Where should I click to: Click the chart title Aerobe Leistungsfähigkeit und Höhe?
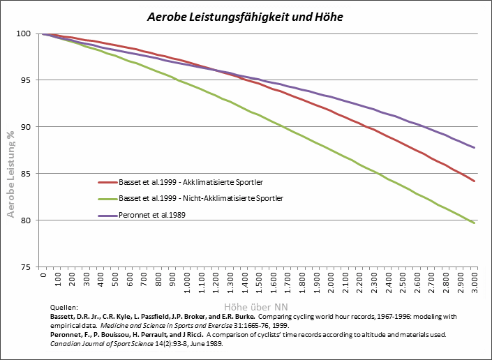[x=245, y=16]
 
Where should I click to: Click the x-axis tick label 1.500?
[x=259, y=283]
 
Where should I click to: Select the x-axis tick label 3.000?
[x=475, y=283]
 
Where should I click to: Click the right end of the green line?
[x=475, y=223]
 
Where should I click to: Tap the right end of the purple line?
[x=475, y=147]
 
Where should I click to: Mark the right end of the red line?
[x=475, y=181]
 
